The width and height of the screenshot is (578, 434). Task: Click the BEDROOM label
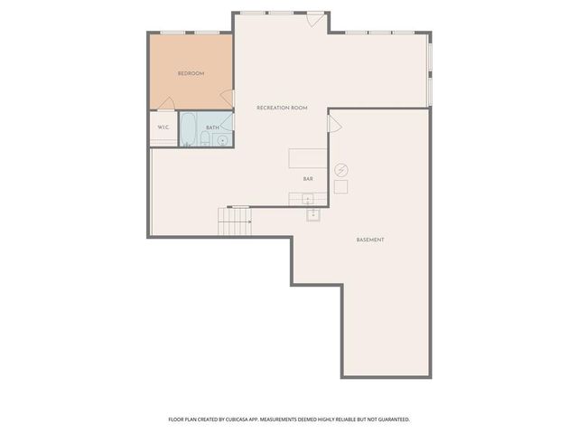pyautogui.click(x=191, y=73)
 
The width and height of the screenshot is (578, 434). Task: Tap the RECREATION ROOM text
pyautogui.click(x=282, y=108)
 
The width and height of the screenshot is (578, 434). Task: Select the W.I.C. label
pyautogui.click(x=163, y=127)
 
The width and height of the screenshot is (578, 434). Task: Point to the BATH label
pyautogui.click(x=212, y=127)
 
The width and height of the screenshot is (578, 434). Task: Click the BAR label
pyautogui.click(x=308, y=179)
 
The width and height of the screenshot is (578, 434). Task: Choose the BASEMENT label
pyautogui.click(x=370, y=240)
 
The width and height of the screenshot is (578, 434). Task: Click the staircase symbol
pyautogui.click(x=235, y=220)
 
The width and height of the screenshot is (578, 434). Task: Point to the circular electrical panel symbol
pyautogui.click(x=340, y=169)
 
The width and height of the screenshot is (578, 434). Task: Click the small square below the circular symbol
pyautogui.click(x=340, y=186)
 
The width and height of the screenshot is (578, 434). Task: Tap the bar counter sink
pyautogui.click(x=308, y=199)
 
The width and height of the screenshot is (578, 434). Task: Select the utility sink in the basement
pyautogui.click(x=313, y=214)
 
